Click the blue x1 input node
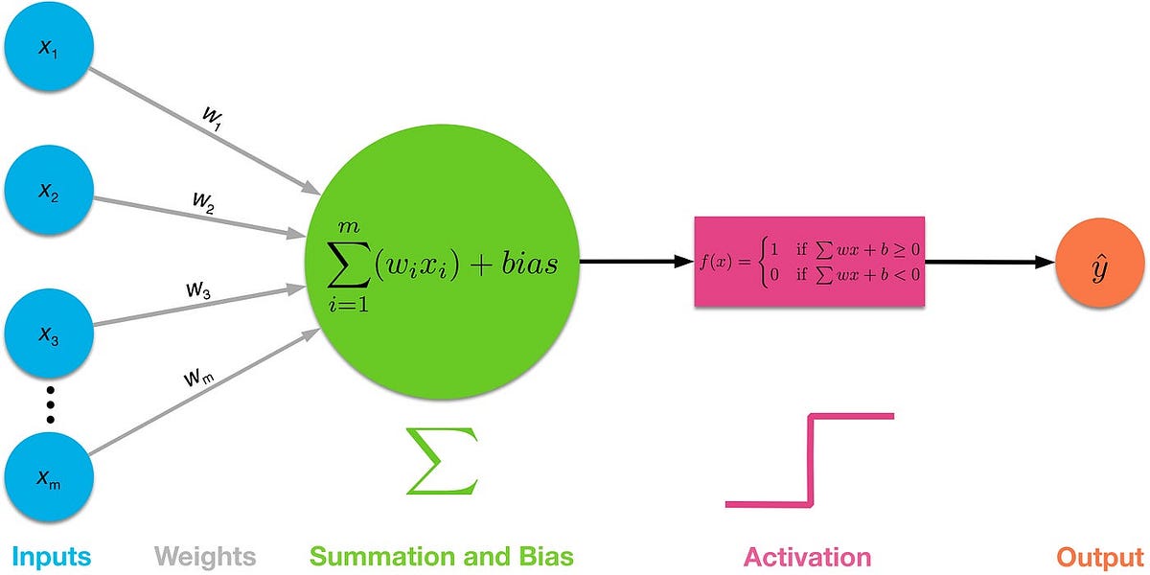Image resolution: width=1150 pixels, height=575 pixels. pyautogui.click(x=49, y=49)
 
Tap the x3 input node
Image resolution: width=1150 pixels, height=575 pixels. pyautogui.click(x=49, y=336)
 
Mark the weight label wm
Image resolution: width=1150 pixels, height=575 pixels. pyautogui.click(x=199, y=377)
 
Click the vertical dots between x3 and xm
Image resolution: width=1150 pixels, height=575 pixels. pyautogui.click(x=50, y=408)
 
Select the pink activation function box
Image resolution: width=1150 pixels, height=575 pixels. pyautogui.click(x=810, y=261)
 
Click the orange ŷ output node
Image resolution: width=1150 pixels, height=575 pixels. pyautogui.click(x=1100, y=261)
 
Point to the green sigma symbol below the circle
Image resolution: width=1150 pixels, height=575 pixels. pyautogui.click(x=440, y=462)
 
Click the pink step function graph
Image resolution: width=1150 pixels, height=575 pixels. pyautogui.click(x=812, y=460)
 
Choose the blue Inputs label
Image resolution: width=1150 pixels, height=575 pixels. pyautogui.click(x=53, y=556)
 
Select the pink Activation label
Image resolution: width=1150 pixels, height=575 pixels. pyautogui.click(x=808, y=556)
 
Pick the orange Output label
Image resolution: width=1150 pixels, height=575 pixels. pyautogui.click(x=1100, y=556)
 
